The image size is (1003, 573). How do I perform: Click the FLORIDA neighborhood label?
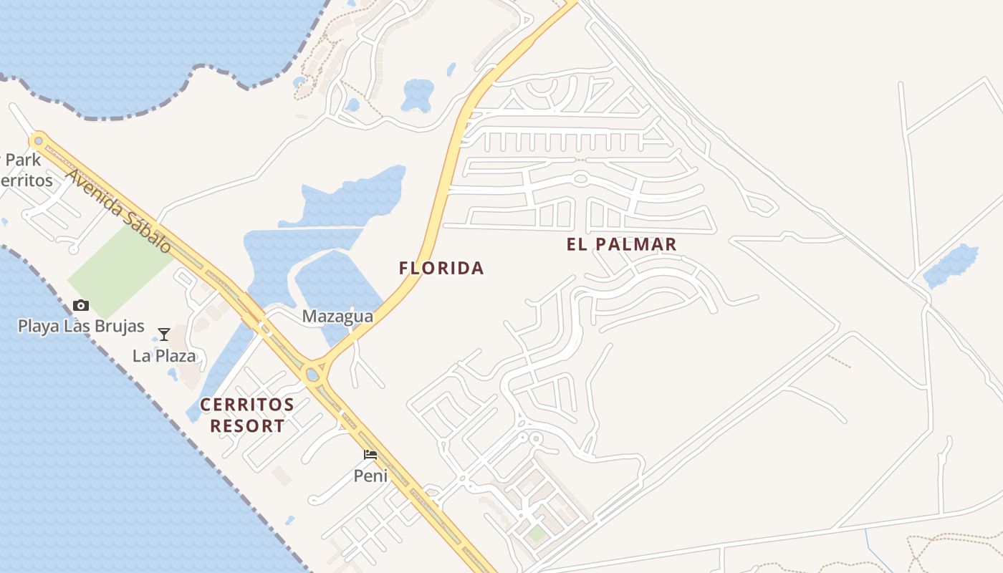(x=441, y=269)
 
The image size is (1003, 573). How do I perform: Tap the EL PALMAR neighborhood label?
(x=621, y=244)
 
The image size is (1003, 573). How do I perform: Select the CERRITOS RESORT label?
(x=247, y=415)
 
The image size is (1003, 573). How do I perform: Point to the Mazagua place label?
(x=337, y=316)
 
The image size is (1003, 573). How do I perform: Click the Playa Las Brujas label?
(x=81, y=327)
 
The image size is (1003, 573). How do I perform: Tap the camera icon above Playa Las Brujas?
(x=81, y=306)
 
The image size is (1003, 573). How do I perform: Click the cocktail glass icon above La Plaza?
(x=164, y=334)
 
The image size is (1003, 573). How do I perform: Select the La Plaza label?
(x=164, y=355)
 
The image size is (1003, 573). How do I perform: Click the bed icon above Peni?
(x=370, y=455)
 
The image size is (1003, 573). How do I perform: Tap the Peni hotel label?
(x=370, y=476)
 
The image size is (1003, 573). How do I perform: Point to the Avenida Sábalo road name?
(x=119, y=211)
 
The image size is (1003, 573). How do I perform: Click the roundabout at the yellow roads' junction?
(x=313, y=373)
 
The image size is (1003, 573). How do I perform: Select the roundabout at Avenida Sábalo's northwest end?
(x=38, y=141)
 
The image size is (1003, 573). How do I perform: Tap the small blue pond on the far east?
(x=951, y=266)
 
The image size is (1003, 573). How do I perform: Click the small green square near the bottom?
(x=537, y=533)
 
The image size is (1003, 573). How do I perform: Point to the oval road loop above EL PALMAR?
(x=580, y=178)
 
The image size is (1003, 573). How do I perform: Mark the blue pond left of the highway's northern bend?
(x=418, y=95)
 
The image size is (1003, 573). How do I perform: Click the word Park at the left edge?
(x=23, y=159)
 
